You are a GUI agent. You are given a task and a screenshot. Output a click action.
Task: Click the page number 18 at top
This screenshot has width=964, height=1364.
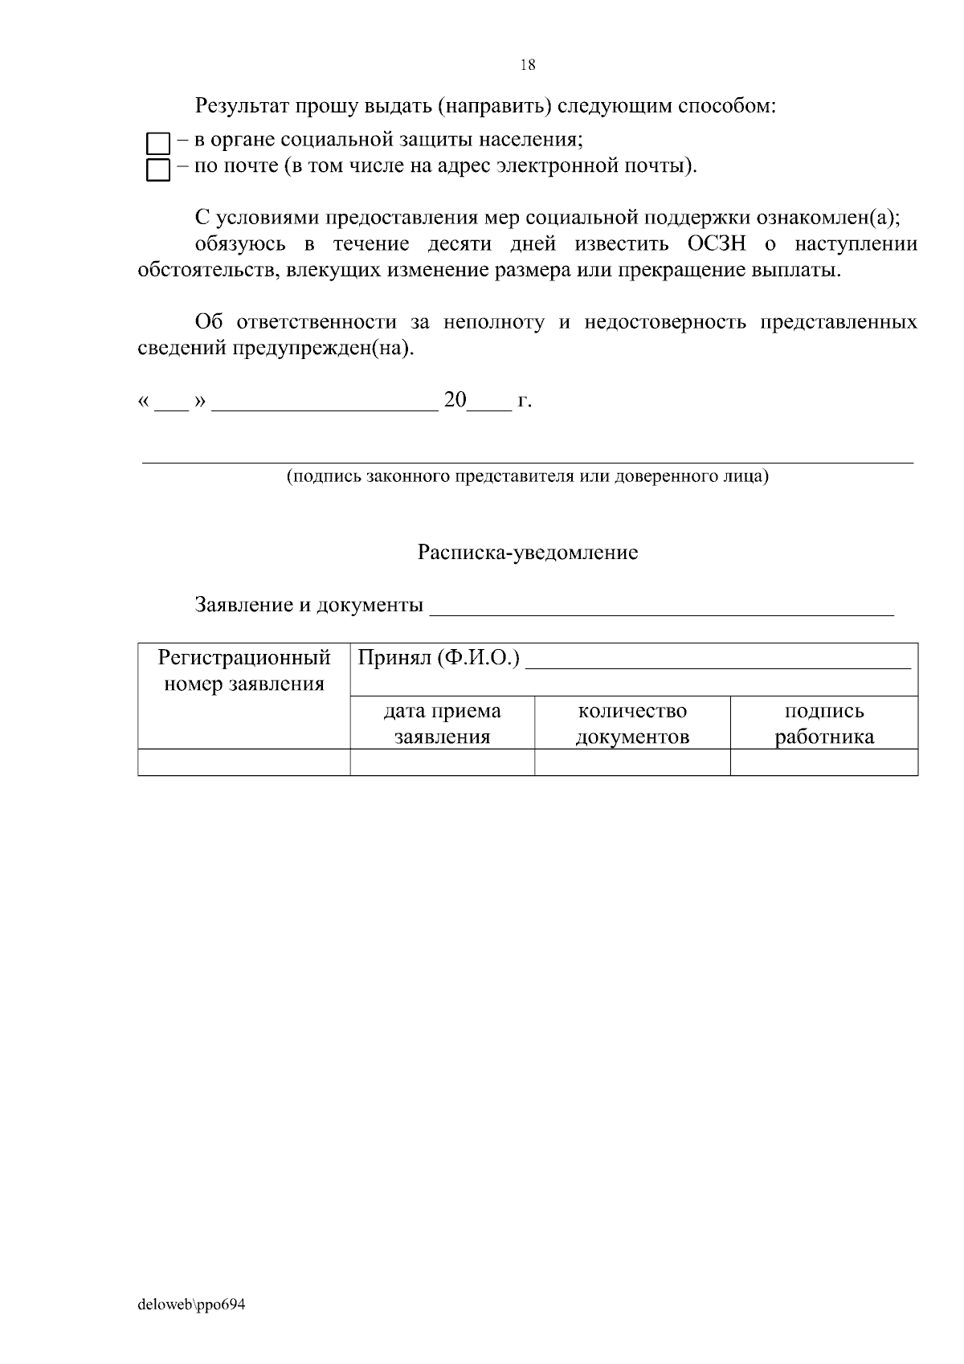coord(528,66)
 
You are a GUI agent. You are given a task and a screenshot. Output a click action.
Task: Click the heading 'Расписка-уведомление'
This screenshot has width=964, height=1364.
coord(528,553)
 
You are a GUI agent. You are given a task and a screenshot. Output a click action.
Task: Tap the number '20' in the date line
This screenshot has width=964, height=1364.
coord(455,400)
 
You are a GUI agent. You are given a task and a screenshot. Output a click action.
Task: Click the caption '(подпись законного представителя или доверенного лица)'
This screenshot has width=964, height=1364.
coord(528,476)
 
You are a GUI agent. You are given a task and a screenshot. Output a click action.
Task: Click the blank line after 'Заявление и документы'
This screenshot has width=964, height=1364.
coord(661,606)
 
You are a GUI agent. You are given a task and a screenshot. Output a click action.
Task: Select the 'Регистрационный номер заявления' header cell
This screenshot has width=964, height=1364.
coord(244,672)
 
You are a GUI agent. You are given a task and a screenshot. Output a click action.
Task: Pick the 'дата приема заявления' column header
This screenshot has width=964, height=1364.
coord(442,723)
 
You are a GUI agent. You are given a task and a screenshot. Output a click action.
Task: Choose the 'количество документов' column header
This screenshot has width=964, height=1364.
coord(632,723)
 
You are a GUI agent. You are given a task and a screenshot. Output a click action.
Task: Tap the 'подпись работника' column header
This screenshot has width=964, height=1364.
coord(824,723)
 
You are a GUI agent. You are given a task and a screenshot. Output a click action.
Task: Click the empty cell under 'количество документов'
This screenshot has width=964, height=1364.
coord(632,762)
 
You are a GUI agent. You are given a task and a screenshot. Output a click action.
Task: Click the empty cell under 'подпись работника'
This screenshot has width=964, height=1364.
coord(824,762)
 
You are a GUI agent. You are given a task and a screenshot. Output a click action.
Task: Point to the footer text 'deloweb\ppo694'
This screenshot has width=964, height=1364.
coord(191,1305)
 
